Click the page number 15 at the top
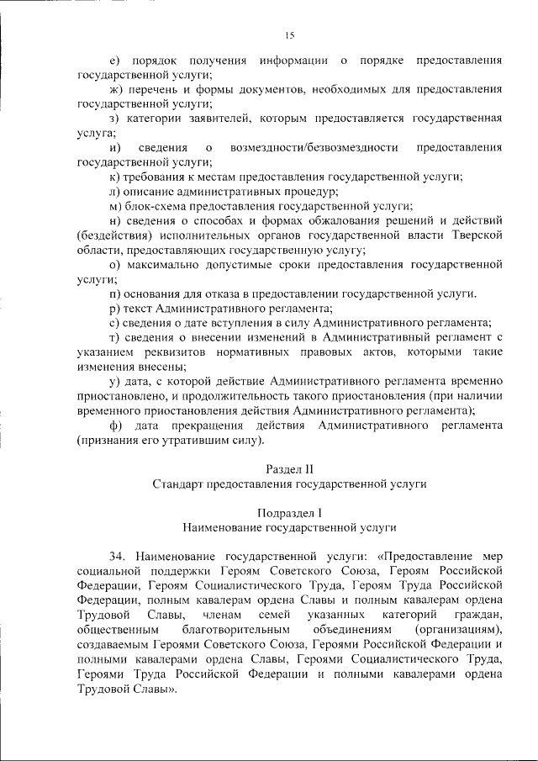pos(290,34)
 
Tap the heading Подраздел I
pos(290,512)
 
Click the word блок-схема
pos(156,206)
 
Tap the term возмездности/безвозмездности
pos(308,148)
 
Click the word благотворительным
pos(235,629)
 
